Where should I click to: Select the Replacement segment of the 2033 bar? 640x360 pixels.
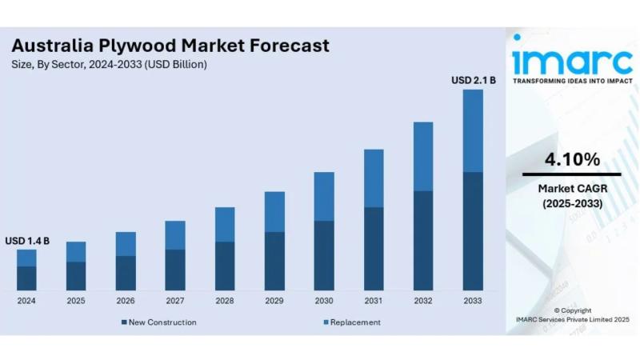tap(473, 130)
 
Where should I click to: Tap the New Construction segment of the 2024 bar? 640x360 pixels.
tap(26, 278)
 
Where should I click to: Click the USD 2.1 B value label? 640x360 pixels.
tap(474, 80)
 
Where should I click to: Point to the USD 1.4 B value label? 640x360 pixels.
tap(27, 240)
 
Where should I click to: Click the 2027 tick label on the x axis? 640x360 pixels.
tap(175, 301)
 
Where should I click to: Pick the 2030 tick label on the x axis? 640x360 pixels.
tap(324, 301)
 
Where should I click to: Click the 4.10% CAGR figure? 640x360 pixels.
tap(572, 159)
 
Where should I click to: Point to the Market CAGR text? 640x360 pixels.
tap(572, 190)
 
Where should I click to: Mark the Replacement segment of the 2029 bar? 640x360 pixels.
tap(274, 212)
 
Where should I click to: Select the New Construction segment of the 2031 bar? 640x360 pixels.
tap(374, 249)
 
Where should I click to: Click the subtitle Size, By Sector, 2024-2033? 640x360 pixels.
tap(109, 64)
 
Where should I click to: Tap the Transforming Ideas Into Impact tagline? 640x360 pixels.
tap(571, 82)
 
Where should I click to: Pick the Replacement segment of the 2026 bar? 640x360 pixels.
tap(126, 244)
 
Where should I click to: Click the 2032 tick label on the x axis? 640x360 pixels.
tap(423, 301)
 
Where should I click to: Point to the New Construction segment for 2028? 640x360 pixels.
tap(225, 266)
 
